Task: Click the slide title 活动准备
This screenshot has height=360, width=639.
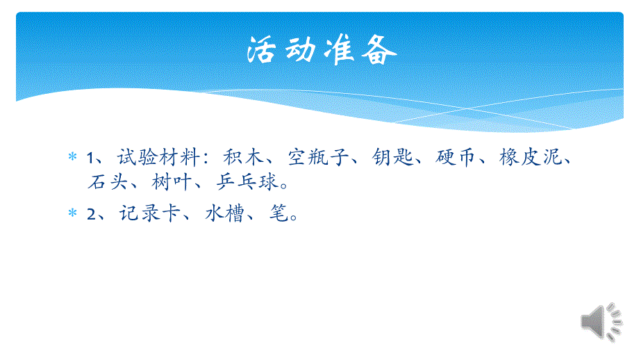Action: [x=322, y=51]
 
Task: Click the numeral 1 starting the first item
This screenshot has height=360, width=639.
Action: [x=90, y=159]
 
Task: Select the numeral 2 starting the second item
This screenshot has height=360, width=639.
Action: [x=91, y=215]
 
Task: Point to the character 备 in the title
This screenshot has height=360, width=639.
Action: [x=379, y=51]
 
